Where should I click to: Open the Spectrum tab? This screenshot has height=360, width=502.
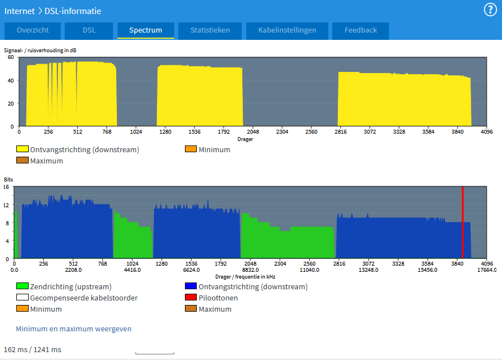(146, 30)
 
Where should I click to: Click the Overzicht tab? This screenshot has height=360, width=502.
(33, 30)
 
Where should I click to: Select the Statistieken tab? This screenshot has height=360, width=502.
(210, 30)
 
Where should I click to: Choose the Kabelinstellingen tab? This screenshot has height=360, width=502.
(287, 30)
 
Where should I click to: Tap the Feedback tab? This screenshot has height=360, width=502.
(360, 30)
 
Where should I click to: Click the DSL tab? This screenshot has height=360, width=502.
(89, 30)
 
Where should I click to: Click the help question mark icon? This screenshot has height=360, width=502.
(490, 10)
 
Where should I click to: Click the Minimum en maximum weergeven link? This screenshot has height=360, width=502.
(74, 329)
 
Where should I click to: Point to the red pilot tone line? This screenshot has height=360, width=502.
(463, 222)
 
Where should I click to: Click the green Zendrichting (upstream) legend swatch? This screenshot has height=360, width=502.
(22, 286)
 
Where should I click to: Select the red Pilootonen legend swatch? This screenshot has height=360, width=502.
(191, 297)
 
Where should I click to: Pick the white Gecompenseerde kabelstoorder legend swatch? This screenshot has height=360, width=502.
(22, 297)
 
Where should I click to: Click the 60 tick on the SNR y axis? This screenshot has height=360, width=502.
(11, 57)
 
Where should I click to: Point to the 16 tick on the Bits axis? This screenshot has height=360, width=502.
(6, 187)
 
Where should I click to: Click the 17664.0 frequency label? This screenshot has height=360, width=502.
(487, 270)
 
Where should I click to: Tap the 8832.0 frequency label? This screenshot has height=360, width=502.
(250, 270)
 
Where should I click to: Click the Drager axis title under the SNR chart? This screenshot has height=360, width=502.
(245, 139)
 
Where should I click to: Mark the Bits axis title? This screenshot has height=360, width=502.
(8, 180)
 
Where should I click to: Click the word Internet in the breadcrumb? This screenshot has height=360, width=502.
(20, 11)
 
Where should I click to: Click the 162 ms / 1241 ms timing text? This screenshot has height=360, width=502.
(33, 350)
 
